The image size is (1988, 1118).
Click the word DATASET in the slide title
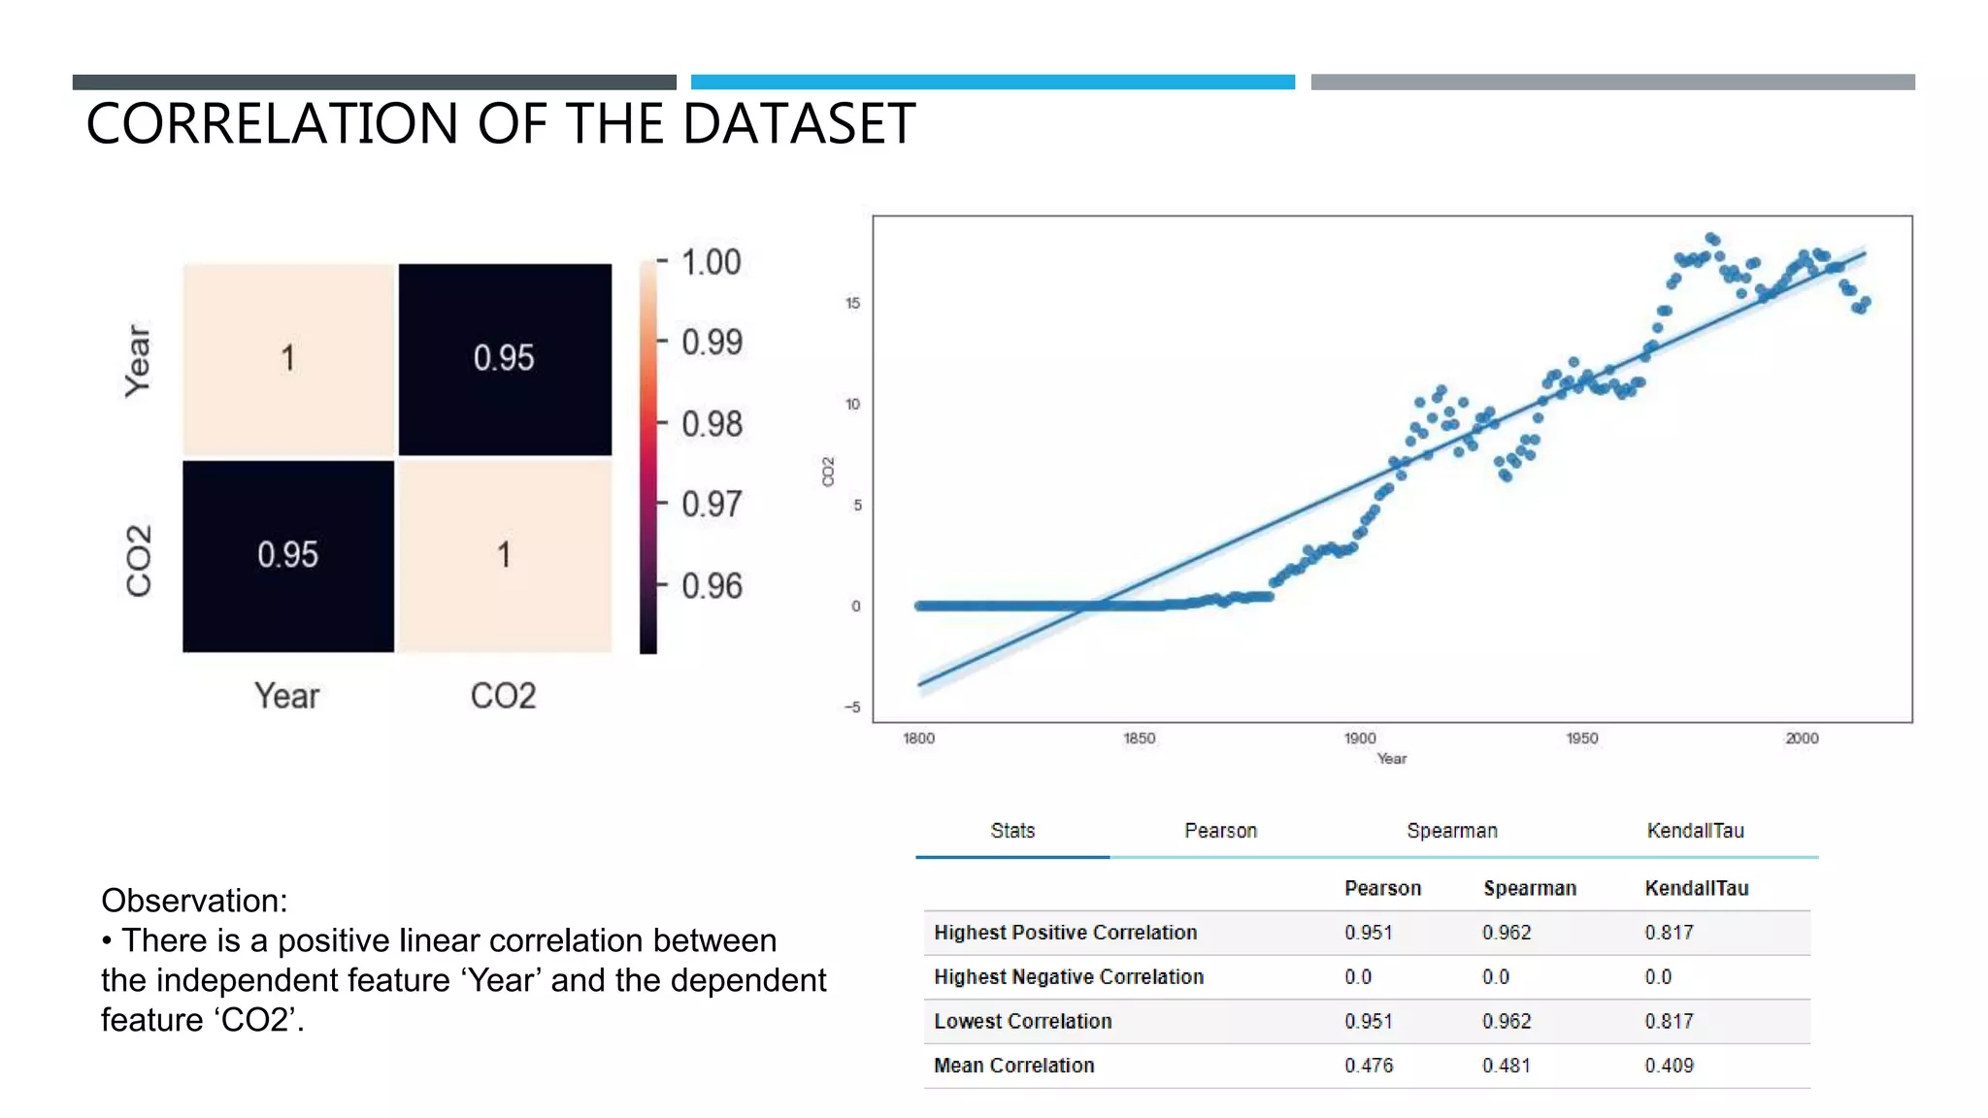click(798, 124)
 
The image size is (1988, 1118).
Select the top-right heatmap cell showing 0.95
click(504, 358)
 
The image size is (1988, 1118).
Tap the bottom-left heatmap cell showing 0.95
click(288, 555)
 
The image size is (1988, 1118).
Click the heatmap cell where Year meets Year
click(288, 358)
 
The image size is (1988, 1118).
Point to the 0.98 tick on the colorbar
click(712, 424)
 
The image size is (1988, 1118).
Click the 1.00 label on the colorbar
click(712, 262)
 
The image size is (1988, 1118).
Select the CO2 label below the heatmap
click(503, 696)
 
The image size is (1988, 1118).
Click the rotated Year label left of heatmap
click(138, 361)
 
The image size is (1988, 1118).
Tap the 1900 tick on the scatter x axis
click(1360, 739)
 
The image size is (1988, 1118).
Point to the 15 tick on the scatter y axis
click(852, 303)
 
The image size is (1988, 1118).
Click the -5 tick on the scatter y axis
click(852, 707)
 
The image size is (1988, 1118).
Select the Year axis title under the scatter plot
click(1391, 759)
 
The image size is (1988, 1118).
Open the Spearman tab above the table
click(1452, 831)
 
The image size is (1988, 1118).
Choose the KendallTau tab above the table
click(1695, 831)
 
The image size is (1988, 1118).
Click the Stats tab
click(1012, 831)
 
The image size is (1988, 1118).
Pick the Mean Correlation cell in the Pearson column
click(1369, 1066)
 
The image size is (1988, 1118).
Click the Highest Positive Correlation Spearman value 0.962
click(1507, 933)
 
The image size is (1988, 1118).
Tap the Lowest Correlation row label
click(1022, 1021)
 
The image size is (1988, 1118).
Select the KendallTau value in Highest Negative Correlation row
click(1658, 977)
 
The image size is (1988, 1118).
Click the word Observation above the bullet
click(193, 901)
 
